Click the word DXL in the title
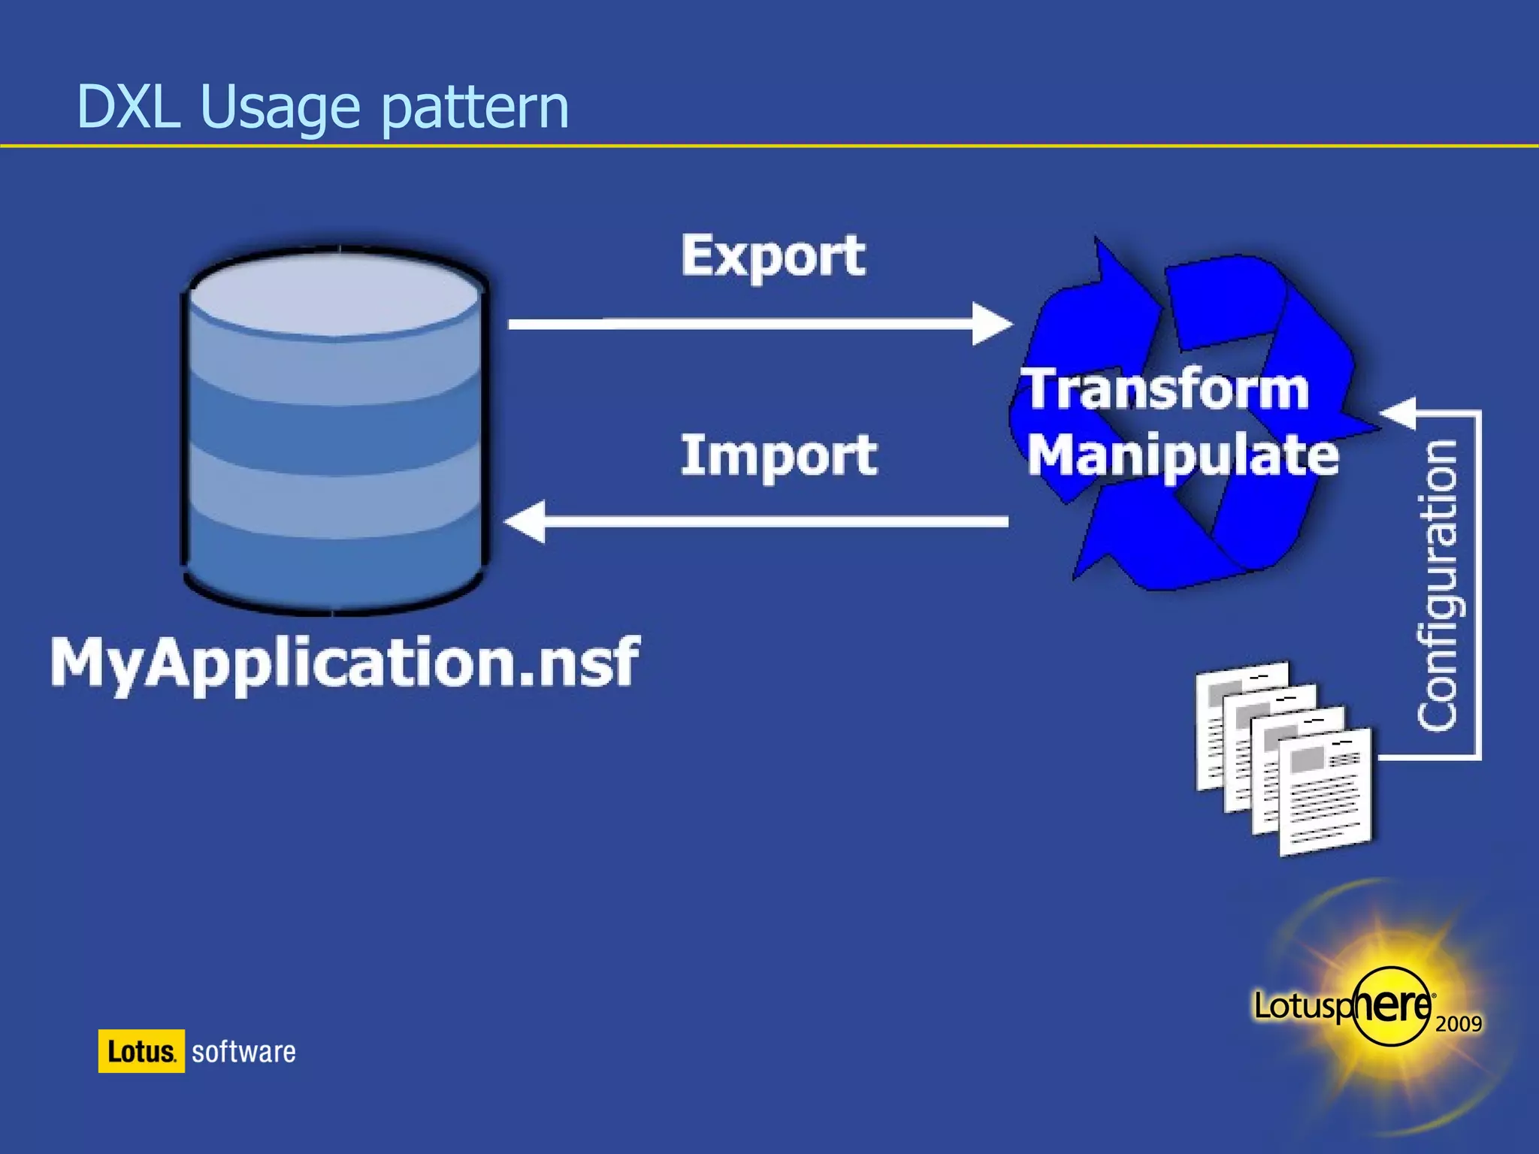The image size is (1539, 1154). click(128, 107)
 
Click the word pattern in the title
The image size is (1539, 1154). click(475, 109)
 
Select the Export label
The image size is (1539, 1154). click(773, 255)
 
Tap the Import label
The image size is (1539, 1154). click(779, 455)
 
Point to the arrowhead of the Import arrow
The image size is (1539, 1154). click(525, 521)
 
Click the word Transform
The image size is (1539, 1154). click(1167, 389)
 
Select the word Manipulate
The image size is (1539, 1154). click(1183, 455)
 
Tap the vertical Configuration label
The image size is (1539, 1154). click(1437, 585)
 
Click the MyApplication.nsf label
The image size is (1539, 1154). click(344, 663)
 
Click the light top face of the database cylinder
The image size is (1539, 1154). click(334, 295)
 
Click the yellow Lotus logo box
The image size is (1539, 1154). click(141, 1051)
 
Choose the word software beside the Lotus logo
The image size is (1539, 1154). click(243, 1052)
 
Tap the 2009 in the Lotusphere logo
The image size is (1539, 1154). click(1458, 1023)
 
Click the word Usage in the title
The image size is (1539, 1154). click(280, 109)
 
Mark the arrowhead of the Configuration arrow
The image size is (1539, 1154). click(1398, 412)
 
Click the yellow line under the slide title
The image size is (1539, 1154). click(769, 146)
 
